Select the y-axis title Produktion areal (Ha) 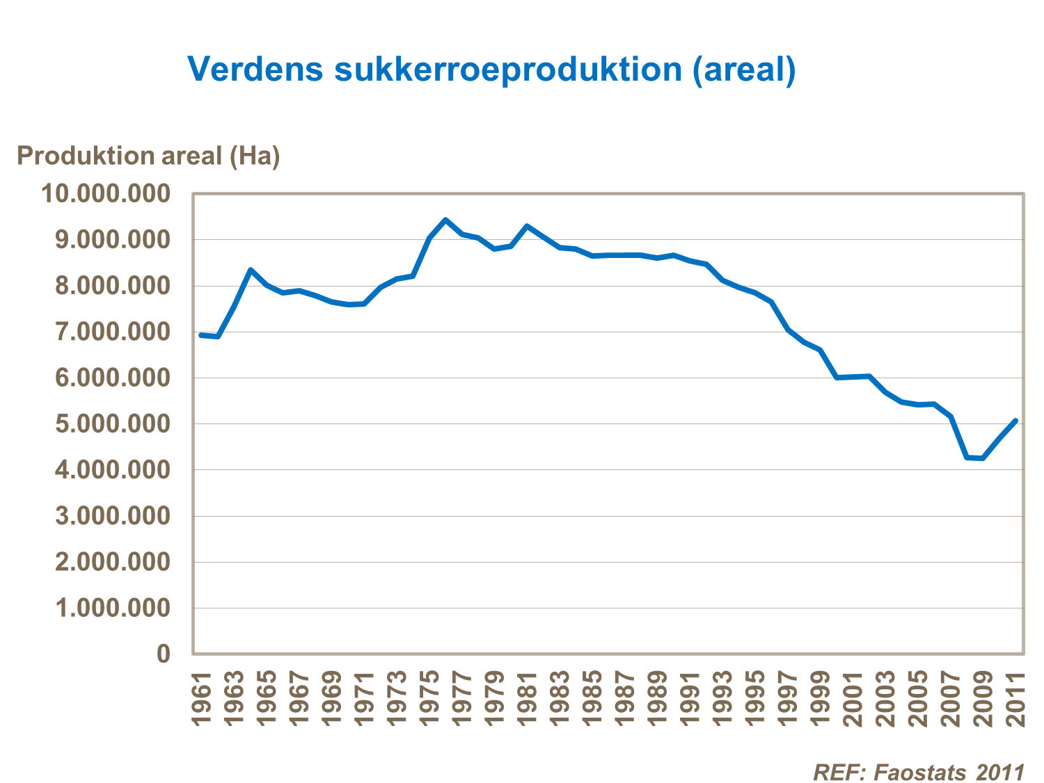(148, 156)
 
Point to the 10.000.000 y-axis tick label (106, 193)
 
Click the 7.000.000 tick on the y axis (113, 332)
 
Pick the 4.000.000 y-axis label (113, 470)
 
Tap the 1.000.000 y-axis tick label (113, 608)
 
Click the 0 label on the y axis (164, 654)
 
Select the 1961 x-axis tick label (201, 699)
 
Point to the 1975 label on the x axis (429, 699)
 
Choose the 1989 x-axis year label (657, 699)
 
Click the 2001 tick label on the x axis (853, 699)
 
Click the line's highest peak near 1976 (445, 220)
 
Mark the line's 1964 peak (250, 270)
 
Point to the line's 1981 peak (527, 226)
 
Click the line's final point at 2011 (1015, 421)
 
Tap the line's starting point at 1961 (201, 335)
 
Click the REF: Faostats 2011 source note (919, 772)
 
